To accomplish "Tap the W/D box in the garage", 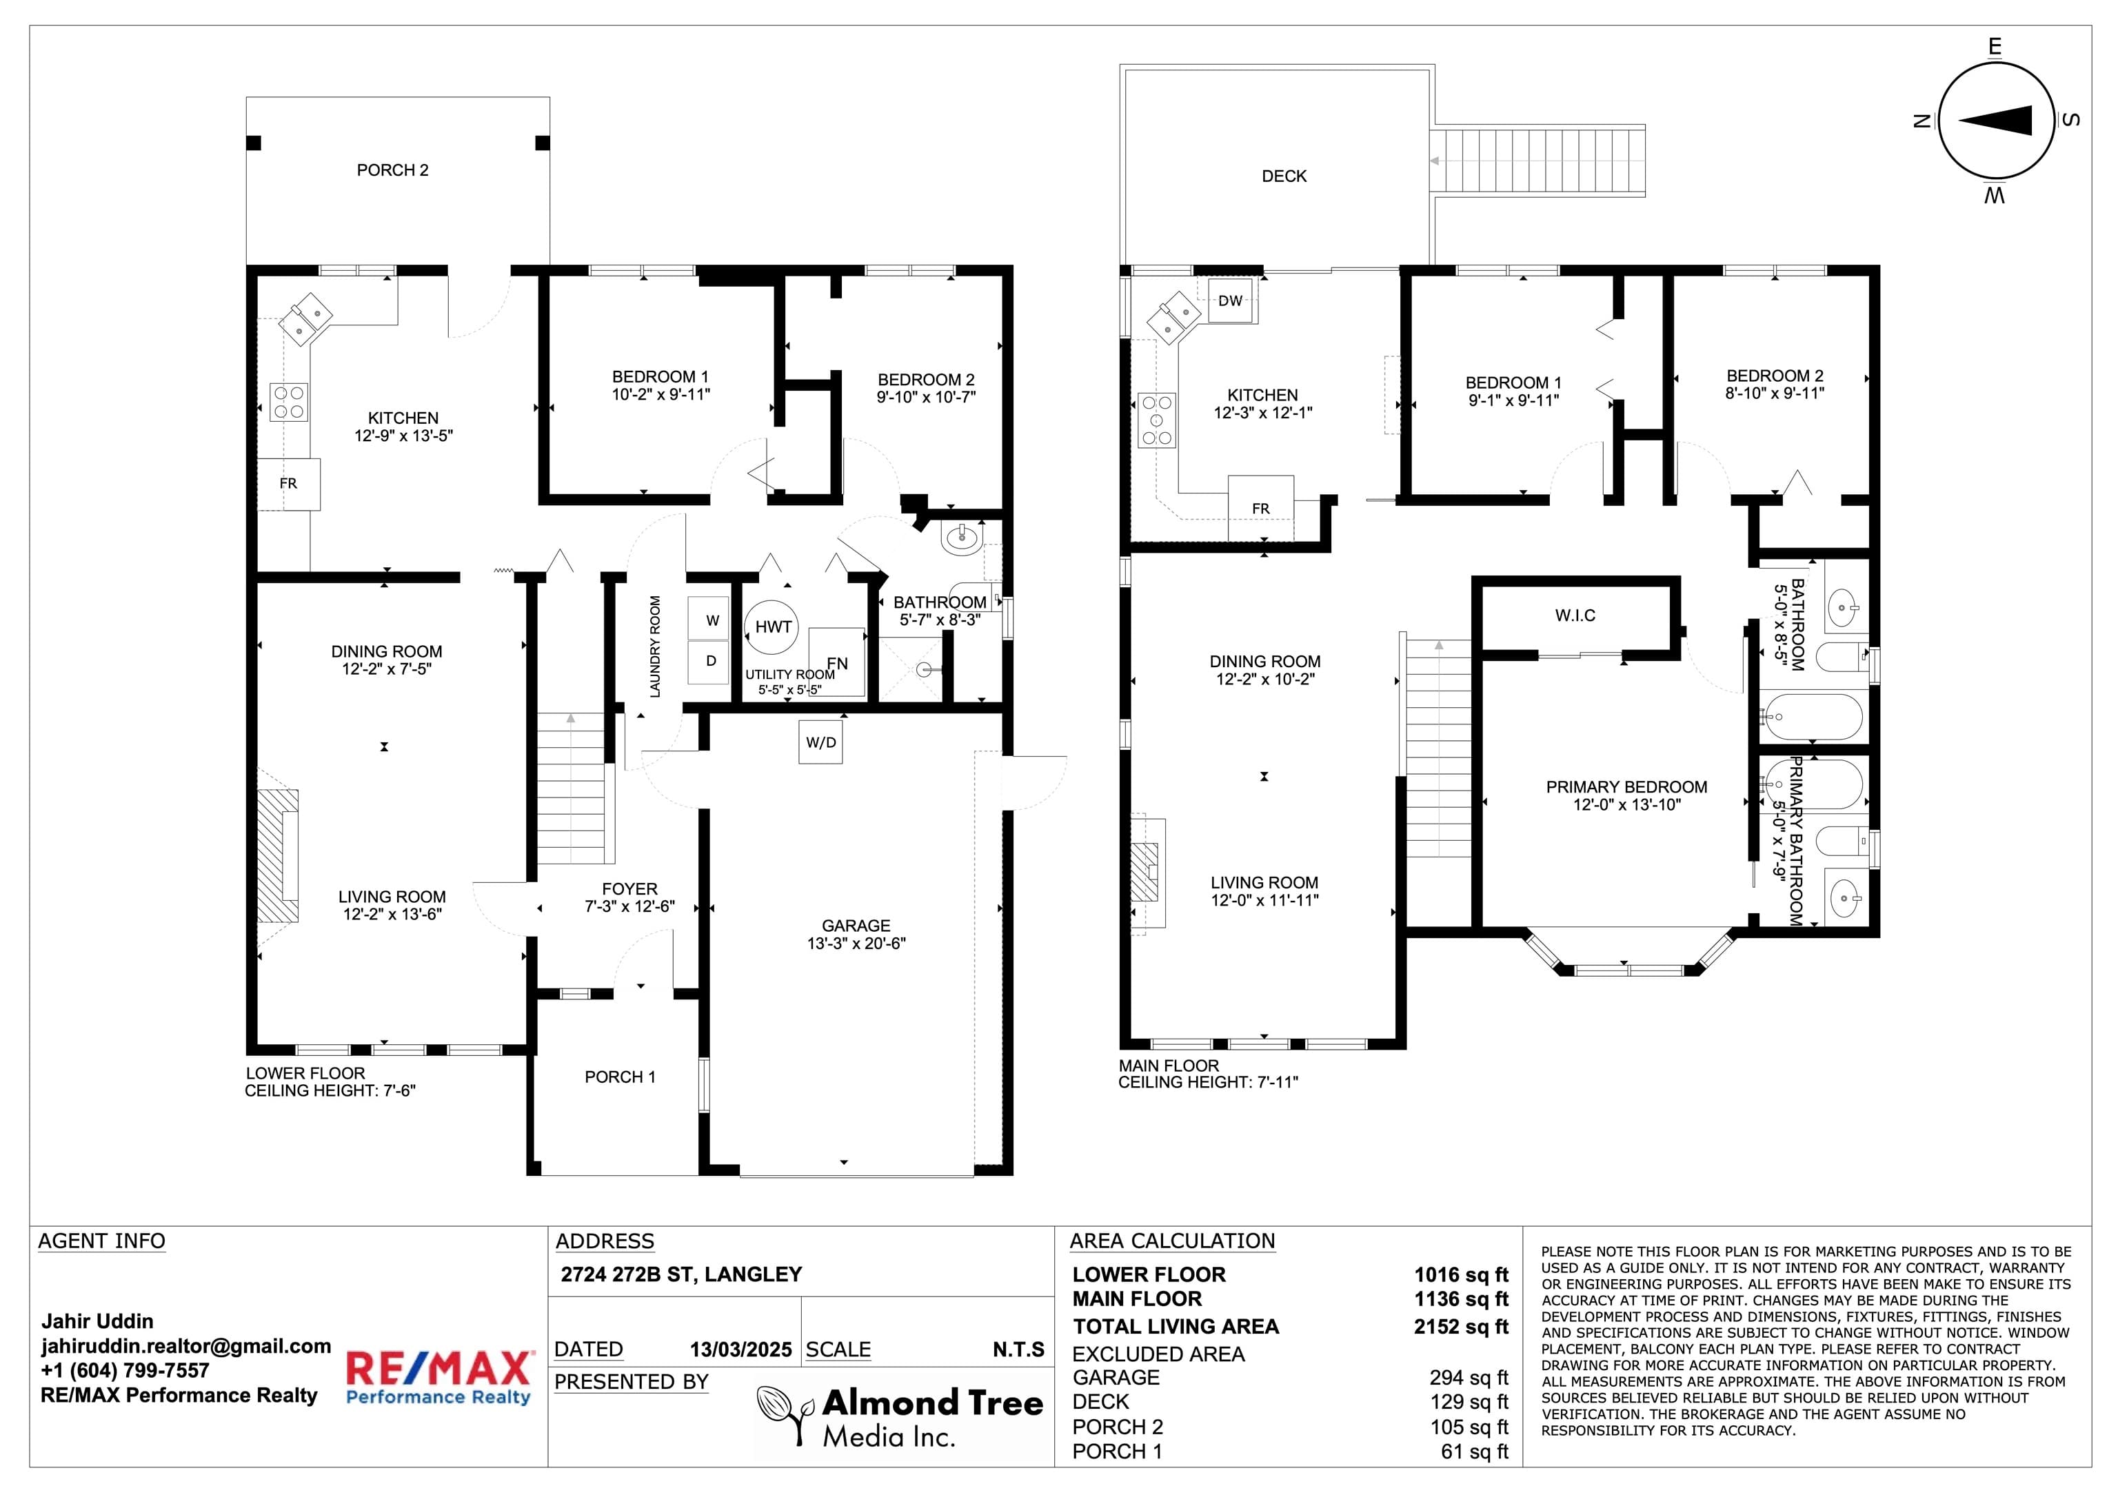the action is click(821, 742).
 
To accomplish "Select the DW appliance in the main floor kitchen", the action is click(1231, 301).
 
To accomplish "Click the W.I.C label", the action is click(1575, 615).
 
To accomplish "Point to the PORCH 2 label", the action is click(393, 170).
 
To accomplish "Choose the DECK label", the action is click(1284, 176).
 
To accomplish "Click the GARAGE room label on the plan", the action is click(856, 925).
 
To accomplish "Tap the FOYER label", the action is click(630, 889).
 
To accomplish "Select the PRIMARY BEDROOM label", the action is click(1626, 787).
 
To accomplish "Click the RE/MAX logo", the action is click(439, 1377).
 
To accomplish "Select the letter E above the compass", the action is click(1995, 47).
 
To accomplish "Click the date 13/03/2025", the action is click(740, 1350).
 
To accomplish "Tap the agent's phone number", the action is click(125, 1371).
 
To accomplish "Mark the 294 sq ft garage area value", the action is click(1469, 1377).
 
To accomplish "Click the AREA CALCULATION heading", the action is click(1173, 1241).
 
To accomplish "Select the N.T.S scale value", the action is click(1018, 1350).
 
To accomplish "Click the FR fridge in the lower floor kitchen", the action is click(289, 483).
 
